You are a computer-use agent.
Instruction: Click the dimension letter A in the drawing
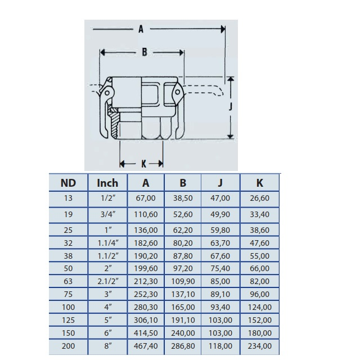[x=141, y=29]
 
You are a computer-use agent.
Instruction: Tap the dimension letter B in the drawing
[x=145, y=52]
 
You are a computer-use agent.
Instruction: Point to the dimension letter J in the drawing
[x=231, y=106]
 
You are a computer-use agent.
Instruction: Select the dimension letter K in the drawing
[x=144, y=164]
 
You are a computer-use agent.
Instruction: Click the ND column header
[x=68, y=183]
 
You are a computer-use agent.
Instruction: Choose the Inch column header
[x=107, y=183]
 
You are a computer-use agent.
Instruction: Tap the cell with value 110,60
[x=146, y=214]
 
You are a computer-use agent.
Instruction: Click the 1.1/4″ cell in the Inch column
[x=108, y=243]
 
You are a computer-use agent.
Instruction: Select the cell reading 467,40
[x=146, y=346]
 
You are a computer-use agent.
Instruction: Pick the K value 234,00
[x=260, y=346]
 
